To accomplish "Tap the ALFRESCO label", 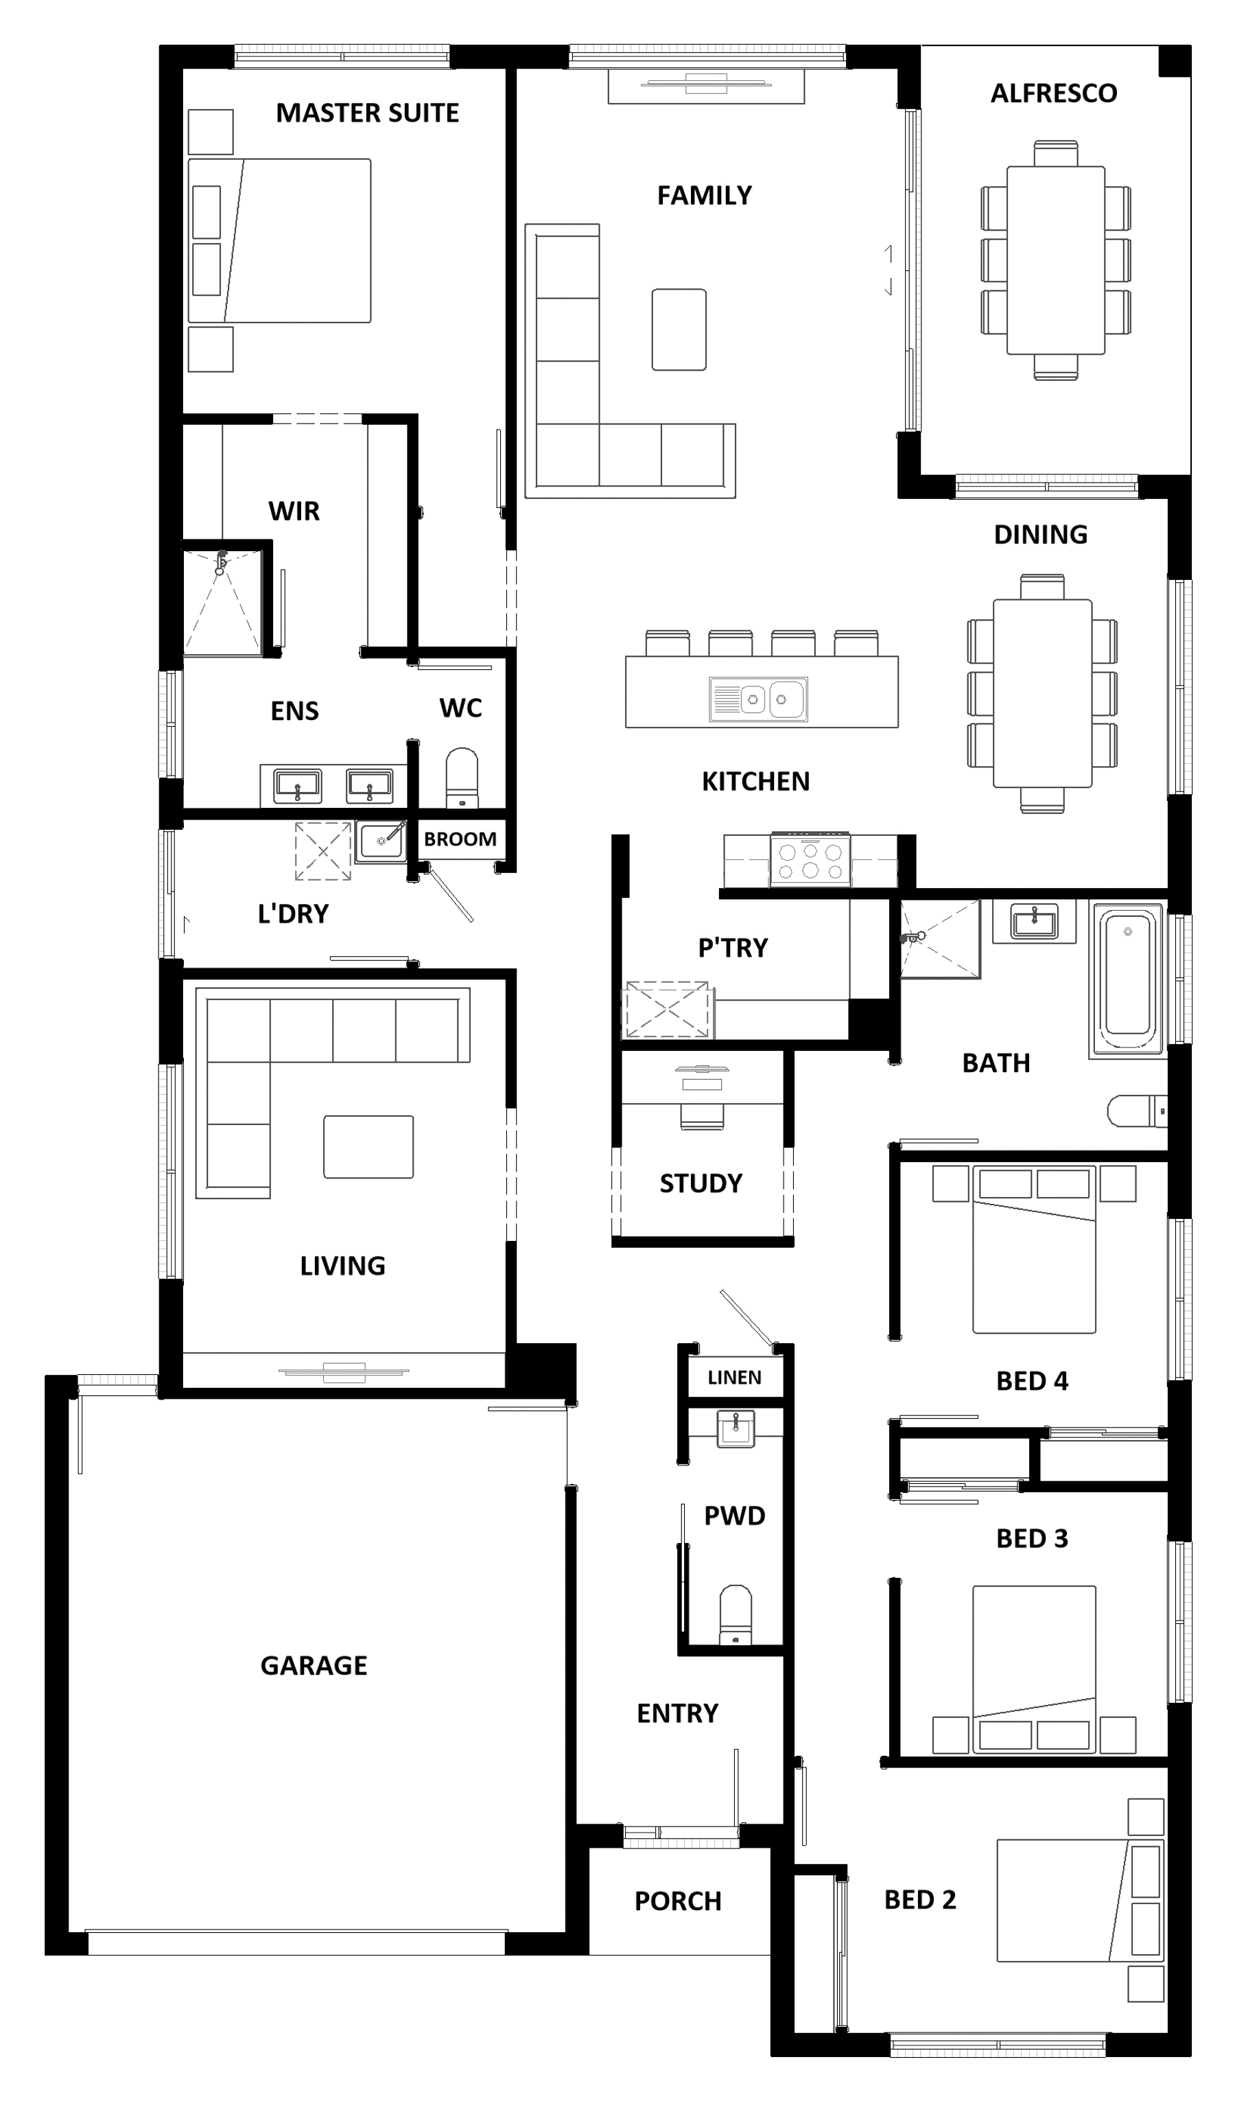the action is click(x=1053, y=93).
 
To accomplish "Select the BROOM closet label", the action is click(x=460, y=839).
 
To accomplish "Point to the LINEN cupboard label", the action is click(x=734, y=1378).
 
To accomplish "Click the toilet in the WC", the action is click(x=462, y=778).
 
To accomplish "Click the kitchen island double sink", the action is click(x=758, y=698).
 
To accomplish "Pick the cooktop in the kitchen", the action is click(x=810, y=859).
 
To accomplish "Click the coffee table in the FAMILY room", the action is click(x=679, y=329).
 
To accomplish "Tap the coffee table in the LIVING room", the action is click(x=368, y=1146).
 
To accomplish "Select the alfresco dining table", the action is click(x=1056, y=260).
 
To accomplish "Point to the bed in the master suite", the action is click(x=279, y=240).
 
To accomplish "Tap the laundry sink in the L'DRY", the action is click(x=381, y=841).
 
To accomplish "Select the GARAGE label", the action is click(x=314, y=1665).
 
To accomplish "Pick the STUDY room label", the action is click(x=701, y=1183).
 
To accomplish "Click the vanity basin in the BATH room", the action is click(x=1034, y=920).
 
